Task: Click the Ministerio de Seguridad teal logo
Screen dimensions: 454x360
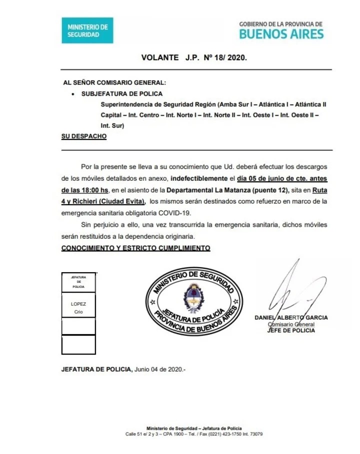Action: [x=87, y=30]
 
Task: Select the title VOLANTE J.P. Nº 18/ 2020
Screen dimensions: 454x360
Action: [x=194, y=57]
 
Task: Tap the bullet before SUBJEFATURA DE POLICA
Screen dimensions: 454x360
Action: [x=73, y=93]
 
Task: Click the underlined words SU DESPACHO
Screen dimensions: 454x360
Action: [x=83, y=136]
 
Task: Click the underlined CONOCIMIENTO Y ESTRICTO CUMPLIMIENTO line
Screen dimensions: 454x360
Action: [x=135, y=248]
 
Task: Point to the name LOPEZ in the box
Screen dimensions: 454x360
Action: [x=78, y=304]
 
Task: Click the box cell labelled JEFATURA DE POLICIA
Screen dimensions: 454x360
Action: [x=78, y=282]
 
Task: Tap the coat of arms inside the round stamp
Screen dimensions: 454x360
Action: [x=191, y=299]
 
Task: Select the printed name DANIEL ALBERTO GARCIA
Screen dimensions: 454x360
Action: [x=291, y=318]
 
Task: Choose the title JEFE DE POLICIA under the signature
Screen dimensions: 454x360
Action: [x=291, y=330]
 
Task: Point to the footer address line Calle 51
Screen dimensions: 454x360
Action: [x=194, y=434]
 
